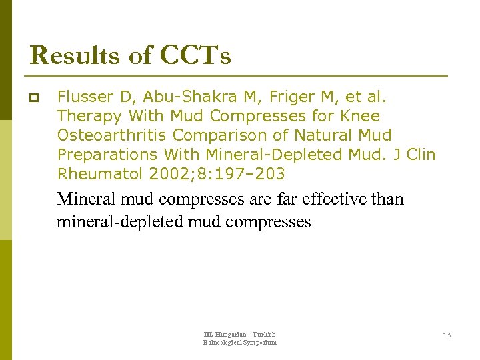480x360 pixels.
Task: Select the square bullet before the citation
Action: point(33,97)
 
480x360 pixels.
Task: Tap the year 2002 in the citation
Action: point(169,174)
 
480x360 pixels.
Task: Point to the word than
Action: point(389,199)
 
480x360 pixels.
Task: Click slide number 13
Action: point(446,335)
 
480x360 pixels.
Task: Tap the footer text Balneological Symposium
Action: point(239,342)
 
